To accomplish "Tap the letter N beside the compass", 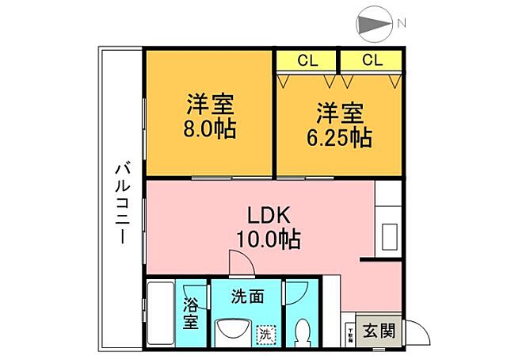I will (x=402, y=24).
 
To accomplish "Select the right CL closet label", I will (x=372, y=60).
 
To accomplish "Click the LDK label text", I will (x=270, y=215).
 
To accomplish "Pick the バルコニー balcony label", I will (x=122, y=203).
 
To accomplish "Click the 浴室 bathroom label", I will (x=191, y=313).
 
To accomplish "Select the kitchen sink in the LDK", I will (x=391, y=236).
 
